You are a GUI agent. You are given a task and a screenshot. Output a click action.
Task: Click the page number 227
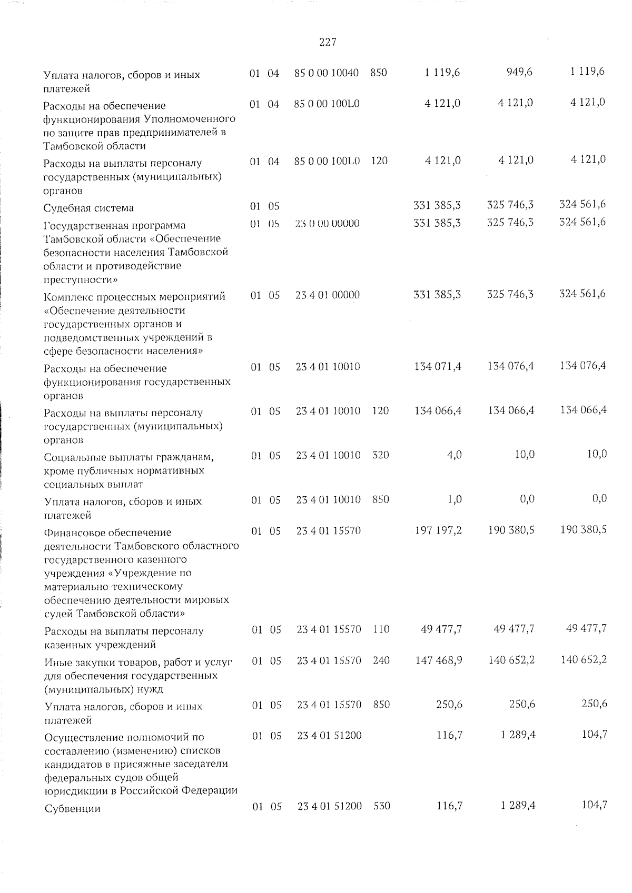pyautogui.click(x=328, y=43)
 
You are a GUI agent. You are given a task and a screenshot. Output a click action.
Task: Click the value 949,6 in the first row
pyautogui.click(x=519, y=72)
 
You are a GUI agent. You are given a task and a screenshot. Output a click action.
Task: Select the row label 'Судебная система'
pyautogui.click(x=88, y=208)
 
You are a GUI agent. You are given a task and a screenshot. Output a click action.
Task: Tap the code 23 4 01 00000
pyautogui.click(x=328, y=295)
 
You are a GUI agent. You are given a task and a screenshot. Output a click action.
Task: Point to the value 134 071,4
pyautogui.click(x=438, y=366)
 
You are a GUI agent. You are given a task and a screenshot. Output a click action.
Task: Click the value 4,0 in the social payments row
pyautogui.click(x=454, y=455)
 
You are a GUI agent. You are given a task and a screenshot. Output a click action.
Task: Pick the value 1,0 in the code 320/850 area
pyautogui.click(x=455, y=499)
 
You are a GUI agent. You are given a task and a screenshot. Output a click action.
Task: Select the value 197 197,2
pyautogui.click(x=438, y=530)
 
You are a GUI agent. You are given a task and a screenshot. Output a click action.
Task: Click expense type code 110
pyautogui.click(x=381, y=629)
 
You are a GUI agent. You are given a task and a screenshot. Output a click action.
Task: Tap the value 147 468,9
pyautogui.click(x=438, y=660)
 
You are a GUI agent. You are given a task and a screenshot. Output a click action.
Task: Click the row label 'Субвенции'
pyautogui.click(x=73, y=809)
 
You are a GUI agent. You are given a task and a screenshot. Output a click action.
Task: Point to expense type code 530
pyautogui.click(x=382, y=806)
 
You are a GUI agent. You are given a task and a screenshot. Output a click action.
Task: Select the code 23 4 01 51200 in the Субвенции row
pyautogui.click(x=330, y=806)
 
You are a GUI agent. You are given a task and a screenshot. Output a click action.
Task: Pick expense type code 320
pyautogui.click(x=380, y=455)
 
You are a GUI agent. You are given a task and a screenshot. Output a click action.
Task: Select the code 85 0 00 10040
pyautogui.click(x=327, y=73)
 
